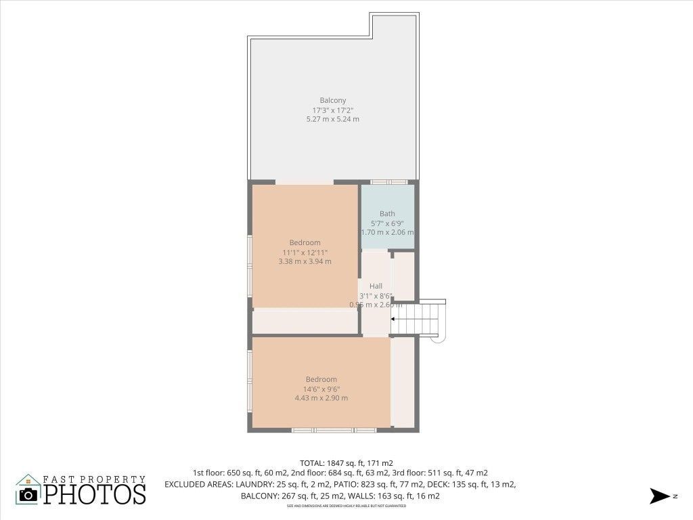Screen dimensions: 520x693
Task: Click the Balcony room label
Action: (x=332, y=100)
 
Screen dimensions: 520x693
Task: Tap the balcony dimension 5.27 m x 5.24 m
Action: (x=332, y=119)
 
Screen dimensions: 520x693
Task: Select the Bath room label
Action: (x=387, y=214)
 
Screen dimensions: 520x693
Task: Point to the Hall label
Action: (x=376, y=286)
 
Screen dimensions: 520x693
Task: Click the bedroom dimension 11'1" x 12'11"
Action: (x=305, y=252)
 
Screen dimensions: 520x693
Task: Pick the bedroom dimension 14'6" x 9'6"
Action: (x=321, y=389)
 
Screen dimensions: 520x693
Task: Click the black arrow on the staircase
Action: (x=395, y=318)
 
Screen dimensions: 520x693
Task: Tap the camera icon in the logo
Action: (x=28, y=494)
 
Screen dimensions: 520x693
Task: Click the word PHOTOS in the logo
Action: (x=95, y=494)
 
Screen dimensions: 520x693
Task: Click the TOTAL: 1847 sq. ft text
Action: (x=337, y=463)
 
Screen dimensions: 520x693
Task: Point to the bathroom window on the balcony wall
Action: (x=389, y=182)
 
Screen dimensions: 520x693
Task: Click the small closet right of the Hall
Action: (x=404, y=276)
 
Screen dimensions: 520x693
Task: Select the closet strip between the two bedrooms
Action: (x=305, y=322)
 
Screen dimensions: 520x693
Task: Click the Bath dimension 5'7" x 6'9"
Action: (x=387, y=223)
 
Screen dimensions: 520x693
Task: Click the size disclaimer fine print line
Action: (x=346, y=506)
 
